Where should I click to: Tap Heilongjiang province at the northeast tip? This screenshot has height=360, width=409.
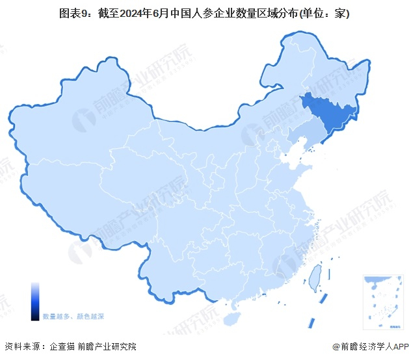312,71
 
